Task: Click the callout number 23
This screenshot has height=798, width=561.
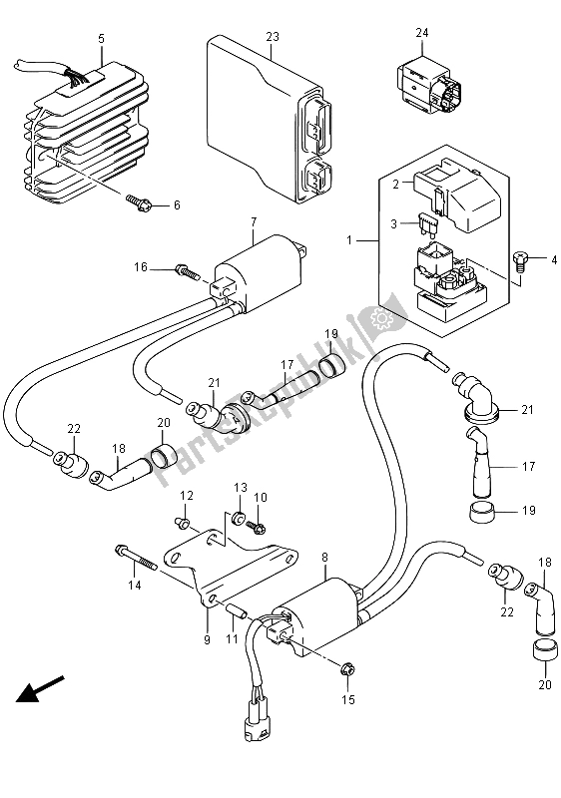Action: [273, 37]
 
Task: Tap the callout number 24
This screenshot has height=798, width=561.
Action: [422, 33]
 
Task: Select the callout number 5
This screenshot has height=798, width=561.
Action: [101, 38]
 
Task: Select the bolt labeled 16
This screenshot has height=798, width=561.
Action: [187, 271]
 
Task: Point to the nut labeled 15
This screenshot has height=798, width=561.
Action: [346, 670]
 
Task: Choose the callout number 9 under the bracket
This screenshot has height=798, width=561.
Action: [207, 639]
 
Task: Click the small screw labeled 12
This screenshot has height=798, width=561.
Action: [185, 521]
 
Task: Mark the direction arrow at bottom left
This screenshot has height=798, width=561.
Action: [40, 688]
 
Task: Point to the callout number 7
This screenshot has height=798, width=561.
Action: [254, 221]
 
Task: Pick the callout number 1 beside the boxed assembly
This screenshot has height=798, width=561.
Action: [349, 239]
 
